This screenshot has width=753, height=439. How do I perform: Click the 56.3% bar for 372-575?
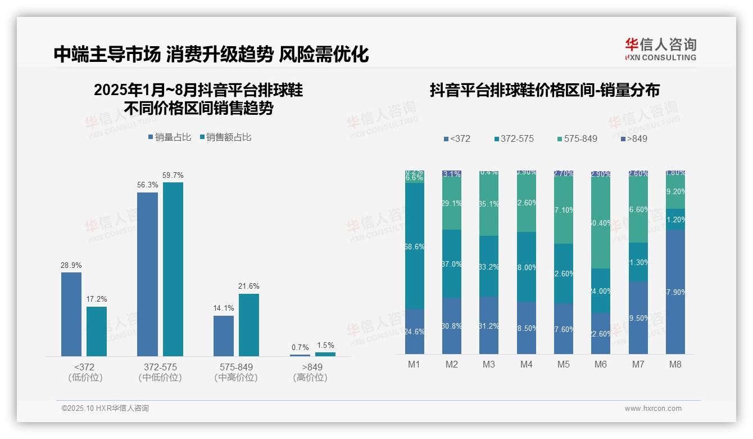[147, 274]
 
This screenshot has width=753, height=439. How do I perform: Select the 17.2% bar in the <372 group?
[97, 331]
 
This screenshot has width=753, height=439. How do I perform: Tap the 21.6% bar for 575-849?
[249, 325]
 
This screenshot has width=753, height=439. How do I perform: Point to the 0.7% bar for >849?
[300, 355]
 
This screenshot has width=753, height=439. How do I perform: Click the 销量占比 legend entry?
[169, 137]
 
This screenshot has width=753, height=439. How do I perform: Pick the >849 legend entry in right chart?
[634, 138]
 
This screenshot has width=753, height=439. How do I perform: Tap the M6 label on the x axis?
[601, 365]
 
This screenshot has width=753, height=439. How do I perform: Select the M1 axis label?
[414, 365]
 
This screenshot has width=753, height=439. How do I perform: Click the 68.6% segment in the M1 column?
[415, 246]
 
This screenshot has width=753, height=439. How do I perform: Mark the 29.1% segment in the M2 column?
[452, 204]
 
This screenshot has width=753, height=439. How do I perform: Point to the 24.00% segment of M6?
[601, 290]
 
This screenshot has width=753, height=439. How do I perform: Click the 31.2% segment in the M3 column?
[489, 325]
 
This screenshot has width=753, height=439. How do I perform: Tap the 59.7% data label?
[173, 176]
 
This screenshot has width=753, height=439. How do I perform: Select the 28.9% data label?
[71, 265]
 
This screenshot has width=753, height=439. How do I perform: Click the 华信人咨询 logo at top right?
[660, 49]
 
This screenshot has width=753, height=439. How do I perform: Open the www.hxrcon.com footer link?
[653, 409]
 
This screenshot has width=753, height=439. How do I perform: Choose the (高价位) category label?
[310, 378]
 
